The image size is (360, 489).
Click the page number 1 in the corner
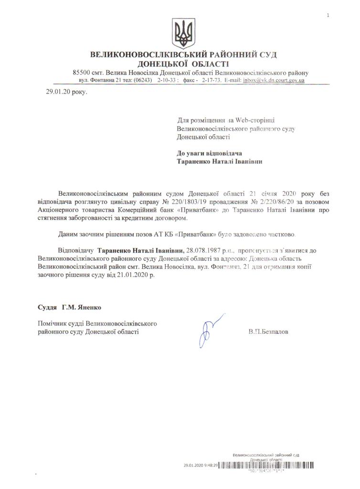328,16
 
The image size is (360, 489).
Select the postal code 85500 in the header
82,73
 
